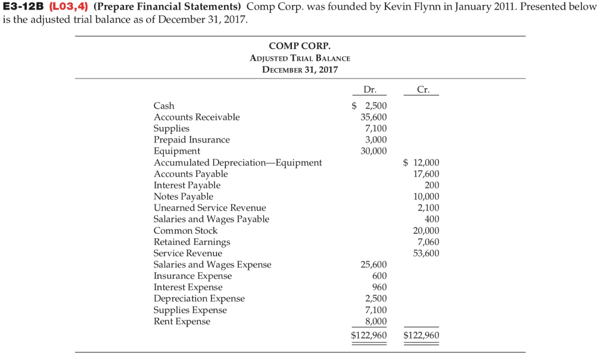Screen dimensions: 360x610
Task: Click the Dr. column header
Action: [369, 90]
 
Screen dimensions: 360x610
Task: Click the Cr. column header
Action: [424, 90]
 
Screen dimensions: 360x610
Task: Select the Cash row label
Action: [164, 105]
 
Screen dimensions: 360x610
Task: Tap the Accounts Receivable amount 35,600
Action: [374, 117]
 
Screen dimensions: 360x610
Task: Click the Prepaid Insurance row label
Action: [191, 139]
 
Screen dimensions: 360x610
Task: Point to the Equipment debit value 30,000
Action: [374, 151]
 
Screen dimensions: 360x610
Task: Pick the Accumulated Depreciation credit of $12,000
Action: [421, 162]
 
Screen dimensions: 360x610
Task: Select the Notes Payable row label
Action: [183, 196]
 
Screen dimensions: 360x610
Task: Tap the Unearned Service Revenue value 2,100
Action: [428, 207]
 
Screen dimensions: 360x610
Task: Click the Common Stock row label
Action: [185, 230]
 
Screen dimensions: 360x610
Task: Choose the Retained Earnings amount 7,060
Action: [428, 241]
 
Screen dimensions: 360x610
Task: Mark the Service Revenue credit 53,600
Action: [426, 253]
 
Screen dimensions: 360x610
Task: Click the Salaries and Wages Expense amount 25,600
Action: [374, 264]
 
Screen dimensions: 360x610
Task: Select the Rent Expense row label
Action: [182, 321]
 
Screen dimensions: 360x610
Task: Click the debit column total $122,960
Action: [369, 335]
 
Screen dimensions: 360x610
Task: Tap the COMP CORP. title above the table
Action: [300, 46]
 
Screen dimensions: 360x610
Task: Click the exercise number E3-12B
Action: [24, 7]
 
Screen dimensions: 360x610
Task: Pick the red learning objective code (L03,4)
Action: [70, 7]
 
